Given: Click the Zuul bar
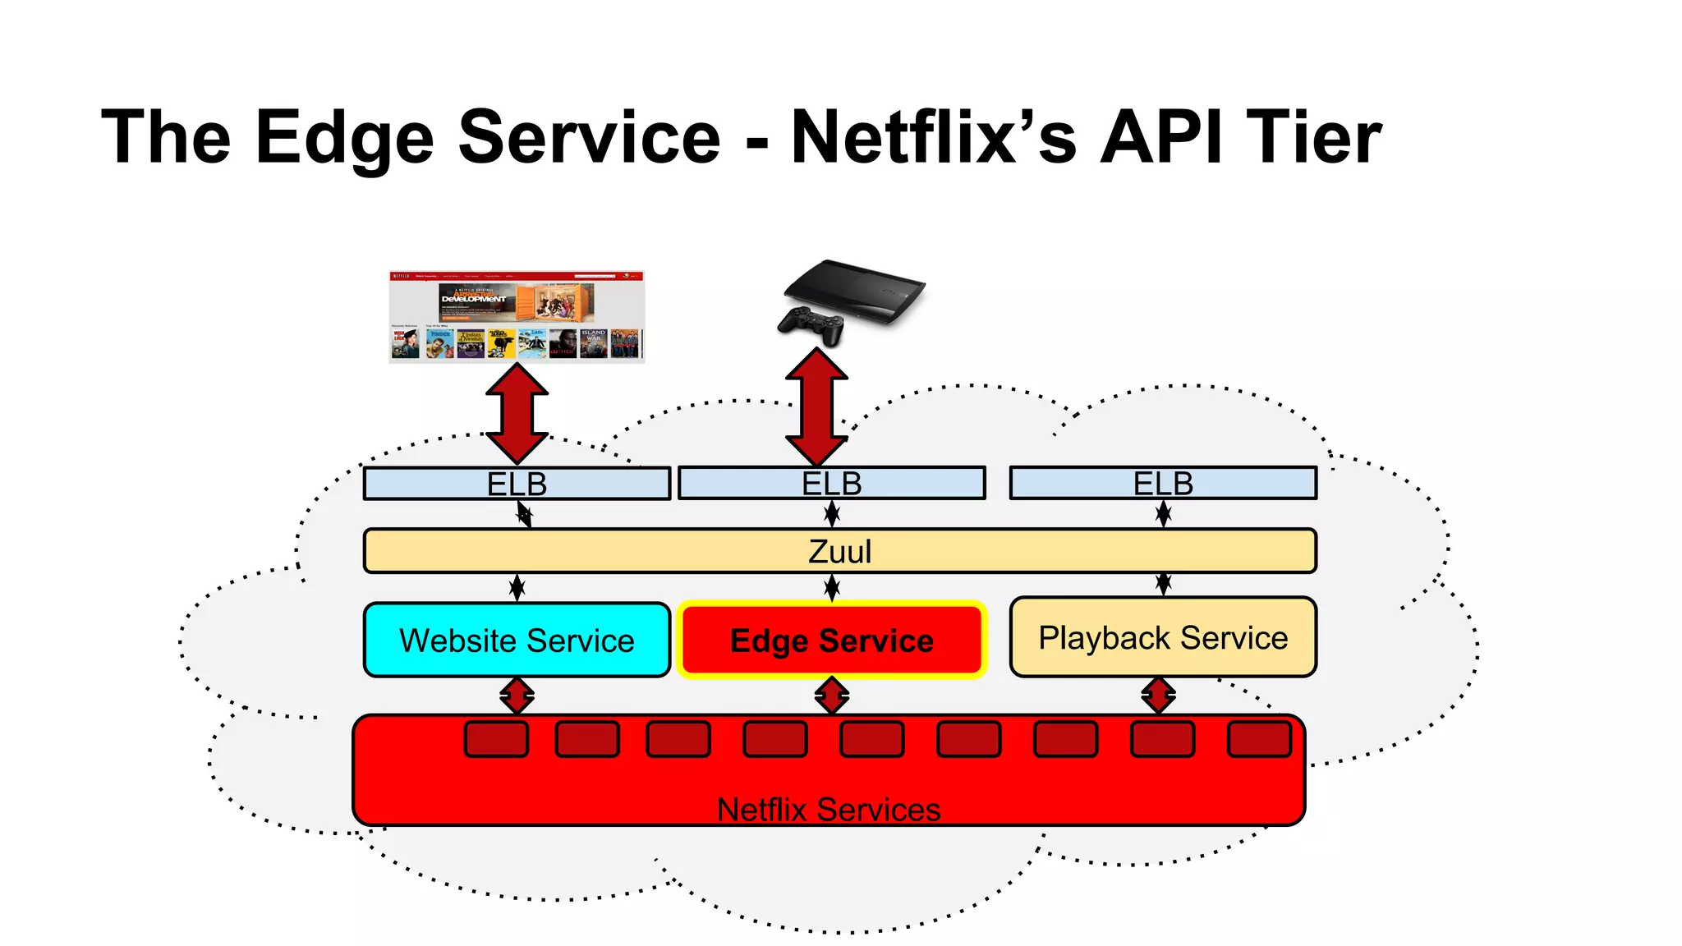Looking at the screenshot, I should click(x=839, y=551).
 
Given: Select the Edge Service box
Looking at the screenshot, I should click(x=831, y=641).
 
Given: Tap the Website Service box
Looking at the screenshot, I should click(x=517, y=641).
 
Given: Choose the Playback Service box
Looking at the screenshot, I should click(x=1163, y=638).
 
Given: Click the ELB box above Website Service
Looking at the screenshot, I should click(x=517, y=484).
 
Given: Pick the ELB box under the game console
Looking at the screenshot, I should click(x=831, y=483).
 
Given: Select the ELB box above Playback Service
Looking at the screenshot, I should click(x=1163, y=483).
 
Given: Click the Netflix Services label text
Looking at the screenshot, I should click(x=828, y=810).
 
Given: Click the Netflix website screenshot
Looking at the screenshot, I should click(x=517, y=317).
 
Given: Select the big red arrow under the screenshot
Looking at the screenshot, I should click(x=517, y=414).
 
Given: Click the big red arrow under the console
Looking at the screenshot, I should click(x=816, y=406).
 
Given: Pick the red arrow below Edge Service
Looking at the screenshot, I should click(x=832, y=696).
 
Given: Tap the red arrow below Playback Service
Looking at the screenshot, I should click(x=1158, y=696).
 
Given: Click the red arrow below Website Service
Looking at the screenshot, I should click(x=517, y=696).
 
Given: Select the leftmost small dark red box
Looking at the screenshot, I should click(x=496, y=739).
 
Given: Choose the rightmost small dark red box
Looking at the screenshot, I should click(x=1259, y=739).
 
